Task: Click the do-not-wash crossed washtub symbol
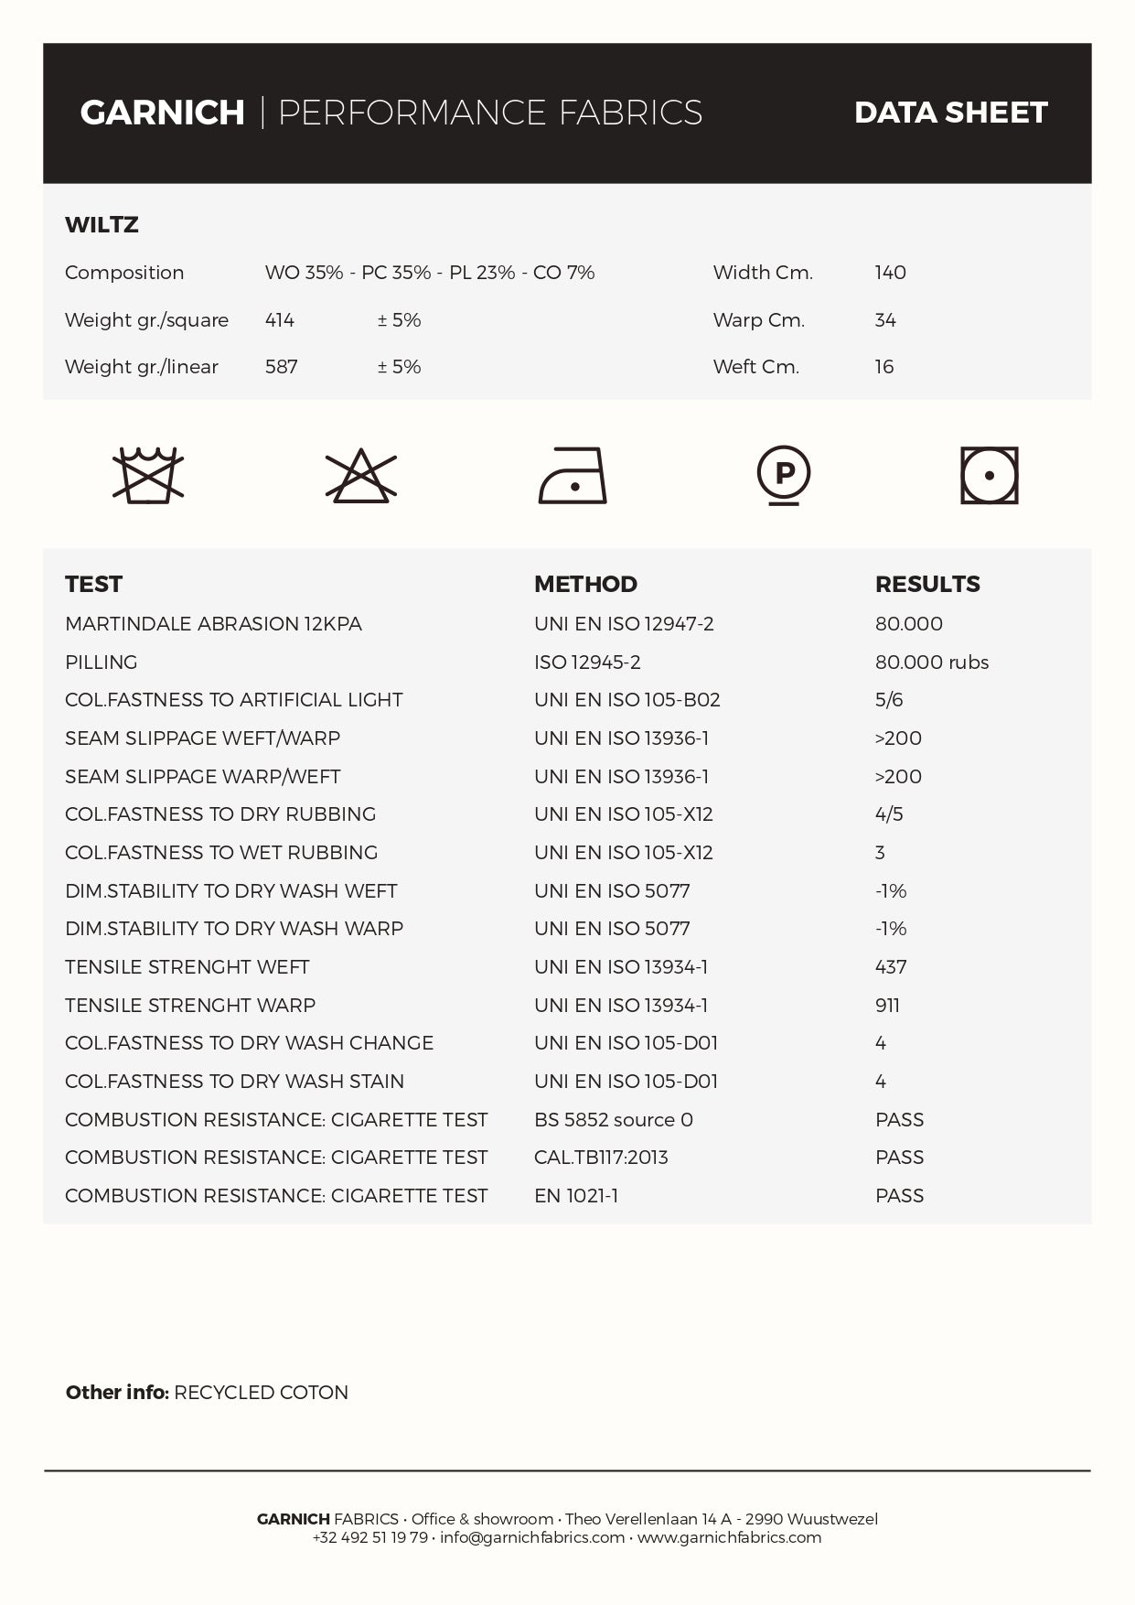pos(147,475)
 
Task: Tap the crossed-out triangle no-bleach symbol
pos(361,475)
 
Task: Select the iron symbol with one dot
pos(573,475)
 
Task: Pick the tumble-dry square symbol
pos(989,475)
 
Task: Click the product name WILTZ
pos(102,225)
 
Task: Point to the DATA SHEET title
pos(950,113)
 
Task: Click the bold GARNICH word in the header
pos(163,113)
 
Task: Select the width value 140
pos(890,273)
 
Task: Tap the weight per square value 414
pos(279,320)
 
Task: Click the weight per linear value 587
pos(281,367)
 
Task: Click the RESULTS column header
pos(926,584)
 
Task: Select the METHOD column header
pos(585,584)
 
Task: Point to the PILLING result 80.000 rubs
pos(931,662)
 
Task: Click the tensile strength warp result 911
pos(887,1006)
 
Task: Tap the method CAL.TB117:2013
pos(601,1158)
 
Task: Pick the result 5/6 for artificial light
pos(888,700)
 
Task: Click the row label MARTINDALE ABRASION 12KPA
pos(213,624)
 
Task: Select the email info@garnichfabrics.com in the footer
pos(531,1537)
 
